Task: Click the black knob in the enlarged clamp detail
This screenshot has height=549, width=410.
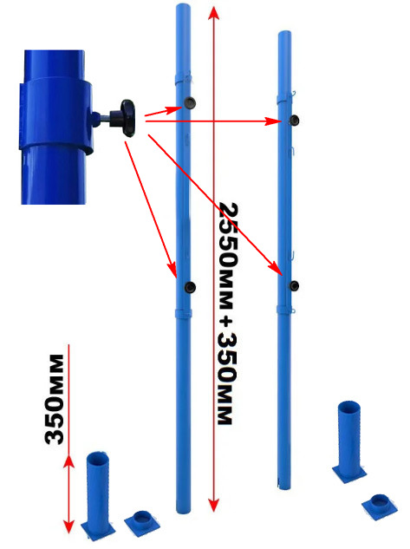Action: [x=127, y=118]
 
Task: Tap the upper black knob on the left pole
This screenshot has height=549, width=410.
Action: [x=190, y=102]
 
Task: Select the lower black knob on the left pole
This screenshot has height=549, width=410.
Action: [x=190, y=287]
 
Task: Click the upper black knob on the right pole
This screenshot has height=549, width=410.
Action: [x=294, y=120]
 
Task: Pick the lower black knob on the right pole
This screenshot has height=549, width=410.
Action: [x=294, y=285]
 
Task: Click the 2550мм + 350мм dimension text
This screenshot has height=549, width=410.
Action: [x=229, y=313]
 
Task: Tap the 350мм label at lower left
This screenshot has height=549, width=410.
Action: [x=55, y=400]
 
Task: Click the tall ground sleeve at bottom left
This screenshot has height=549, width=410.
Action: [x=98, y=495]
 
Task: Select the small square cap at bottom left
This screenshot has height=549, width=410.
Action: [x=142, y=523]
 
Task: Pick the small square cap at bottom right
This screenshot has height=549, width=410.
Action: [x=380, y=507]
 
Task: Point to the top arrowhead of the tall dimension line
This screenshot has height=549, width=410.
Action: [x=214, y=15]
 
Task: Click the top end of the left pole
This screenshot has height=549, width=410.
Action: [x=183, y=5]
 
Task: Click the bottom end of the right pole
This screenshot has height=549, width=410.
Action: [x=284, y=487]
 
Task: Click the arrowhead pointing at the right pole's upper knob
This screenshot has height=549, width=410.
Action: [x=274, y=121]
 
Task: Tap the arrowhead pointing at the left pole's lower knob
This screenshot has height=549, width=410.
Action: [x=172, y=270]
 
